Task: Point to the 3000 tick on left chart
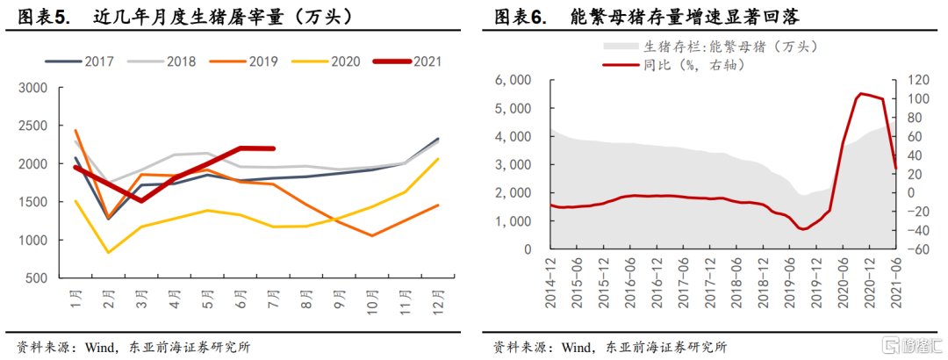[x=35, y=88]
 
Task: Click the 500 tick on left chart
[x=39, y=278]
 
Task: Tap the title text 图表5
[x=43, y=16]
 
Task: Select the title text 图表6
[x=519, y=16]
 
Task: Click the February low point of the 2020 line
[x=107, y=253]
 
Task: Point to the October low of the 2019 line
[x=372, y=235]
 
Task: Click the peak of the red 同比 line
[x=861, y=93]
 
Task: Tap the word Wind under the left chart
[x=106, y=346]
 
